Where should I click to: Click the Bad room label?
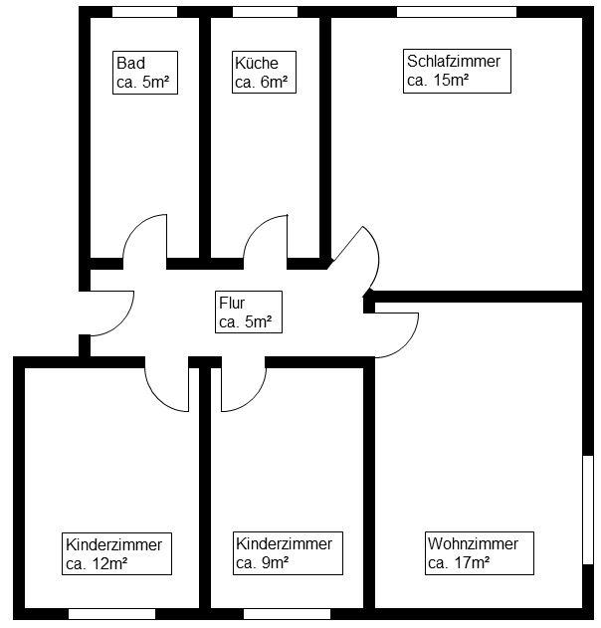(x=145, y=73)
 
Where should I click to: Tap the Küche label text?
(x=264, y=73)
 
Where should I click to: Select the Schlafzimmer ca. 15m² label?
(x=453, y=72)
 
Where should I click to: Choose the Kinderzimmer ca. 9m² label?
(x=284, y=553)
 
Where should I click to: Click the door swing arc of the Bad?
(x=144, y=239)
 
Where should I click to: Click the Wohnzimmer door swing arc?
(x=390, y=328)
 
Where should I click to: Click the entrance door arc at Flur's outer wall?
(x=111, y=311)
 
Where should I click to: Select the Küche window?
(x=264, y=11)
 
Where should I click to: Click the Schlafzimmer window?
(x=456, y=11)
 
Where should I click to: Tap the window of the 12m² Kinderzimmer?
(x=111, y=614)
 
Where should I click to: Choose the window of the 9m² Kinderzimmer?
(x=286, y=614)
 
